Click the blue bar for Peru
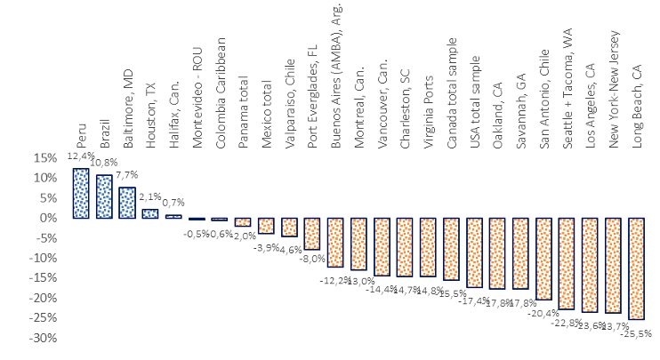tap(81, 193)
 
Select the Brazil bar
tap(104, 196)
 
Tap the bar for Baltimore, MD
tap(127, 203)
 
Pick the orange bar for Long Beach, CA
tap(636, 268)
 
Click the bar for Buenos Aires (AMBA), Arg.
tap(335, 242)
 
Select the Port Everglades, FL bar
tap(312, 234)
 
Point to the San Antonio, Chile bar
tap(543, 259)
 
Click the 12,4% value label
tap(78, 156)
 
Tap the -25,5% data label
tap(637, 332)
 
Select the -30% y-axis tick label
tap(41, 339)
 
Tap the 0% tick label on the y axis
tap(46, 218)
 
